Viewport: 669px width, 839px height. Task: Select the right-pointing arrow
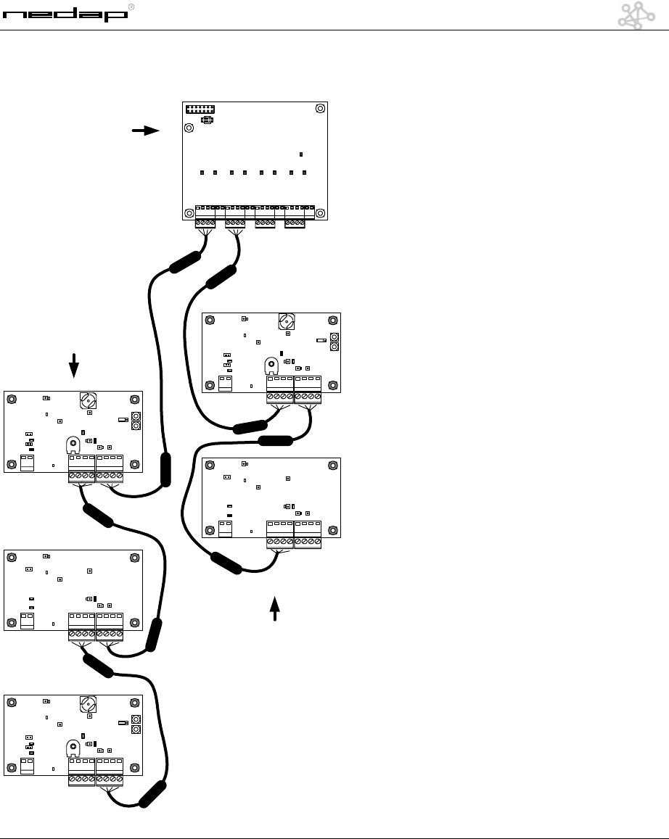click(146, 131)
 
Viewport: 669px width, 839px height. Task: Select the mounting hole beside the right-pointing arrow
click(189, 128)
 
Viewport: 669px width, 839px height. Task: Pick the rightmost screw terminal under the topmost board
click(295, 223)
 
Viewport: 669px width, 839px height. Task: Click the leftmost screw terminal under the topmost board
click(205, 223)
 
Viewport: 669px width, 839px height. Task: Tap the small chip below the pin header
click(207, 120)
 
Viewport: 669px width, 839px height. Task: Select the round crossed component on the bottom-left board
click(89, 703)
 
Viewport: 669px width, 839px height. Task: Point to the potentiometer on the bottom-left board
click(73, 747)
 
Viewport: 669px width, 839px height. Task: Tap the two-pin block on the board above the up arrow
click(226, 528)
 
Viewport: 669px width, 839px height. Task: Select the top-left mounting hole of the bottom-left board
click(12, 703)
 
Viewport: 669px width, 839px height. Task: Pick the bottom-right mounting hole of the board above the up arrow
click(332, 529)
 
